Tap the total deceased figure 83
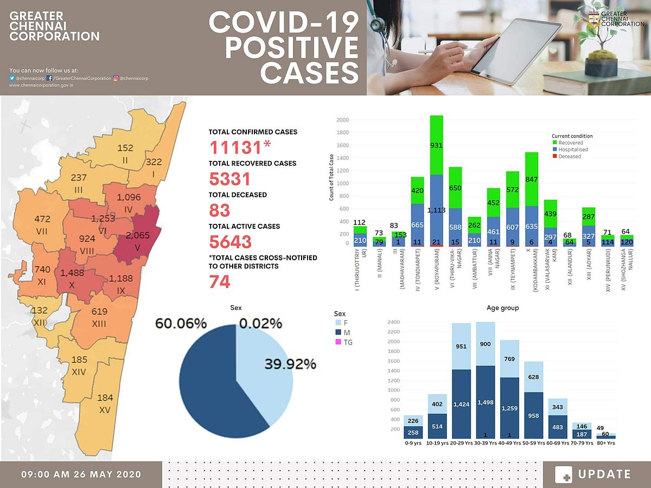pyautogui.click(x=220, y=210)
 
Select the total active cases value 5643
pyautogui.click(x=231, y=242)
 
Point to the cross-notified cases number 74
pyautogui.click(x=220, y=282)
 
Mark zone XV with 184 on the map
pyautogui.click(x=105, y=403)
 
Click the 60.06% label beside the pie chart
pyautogui.click(x=181, y=324)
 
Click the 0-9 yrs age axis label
pyautogui.click(x=413, y=442)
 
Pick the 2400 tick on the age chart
pyautogui.click(x=393, y=322)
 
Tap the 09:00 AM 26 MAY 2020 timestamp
pyautogui.click(x=81, y=474)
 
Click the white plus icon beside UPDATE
pyautogui.click(x=564, y=475)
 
